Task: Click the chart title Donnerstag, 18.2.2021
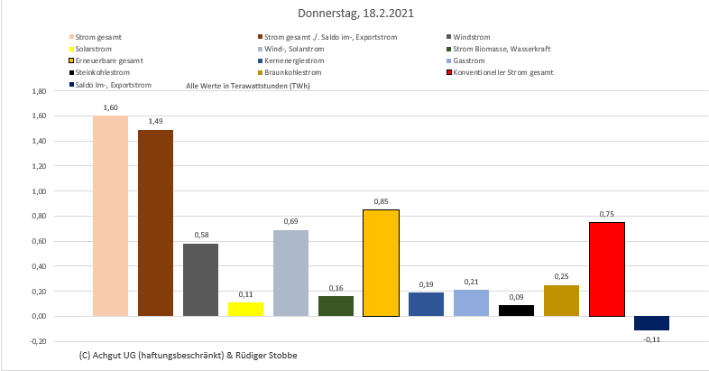[x=354, y=14]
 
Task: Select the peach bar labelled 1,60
[x=110, y=217]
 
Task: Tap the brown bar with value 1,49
[x=155, y=223]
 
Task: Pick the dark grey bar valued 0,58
[x=200, y=280]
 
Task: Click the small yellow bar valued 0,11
[x=245, y=309]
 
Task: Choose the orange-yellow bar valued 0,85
[x=381, y=263]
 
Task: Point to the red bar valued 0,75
[x=606, y=269]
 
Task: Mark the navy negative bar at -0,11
[x=651, y=323]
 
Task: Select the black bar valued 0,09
[x=516, y=311]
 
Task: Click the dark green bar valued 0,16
[x=336, y=306]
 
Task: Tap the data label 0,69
[x=290, y=221]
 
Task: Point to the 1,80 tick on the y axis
[x=38, y=92]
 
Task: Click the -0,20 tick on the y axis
[x=38, y=342]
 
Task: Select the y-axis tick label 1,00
[x=38, y=192]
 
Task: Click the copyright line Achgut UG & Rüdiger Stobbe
[x=188, y=356]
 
